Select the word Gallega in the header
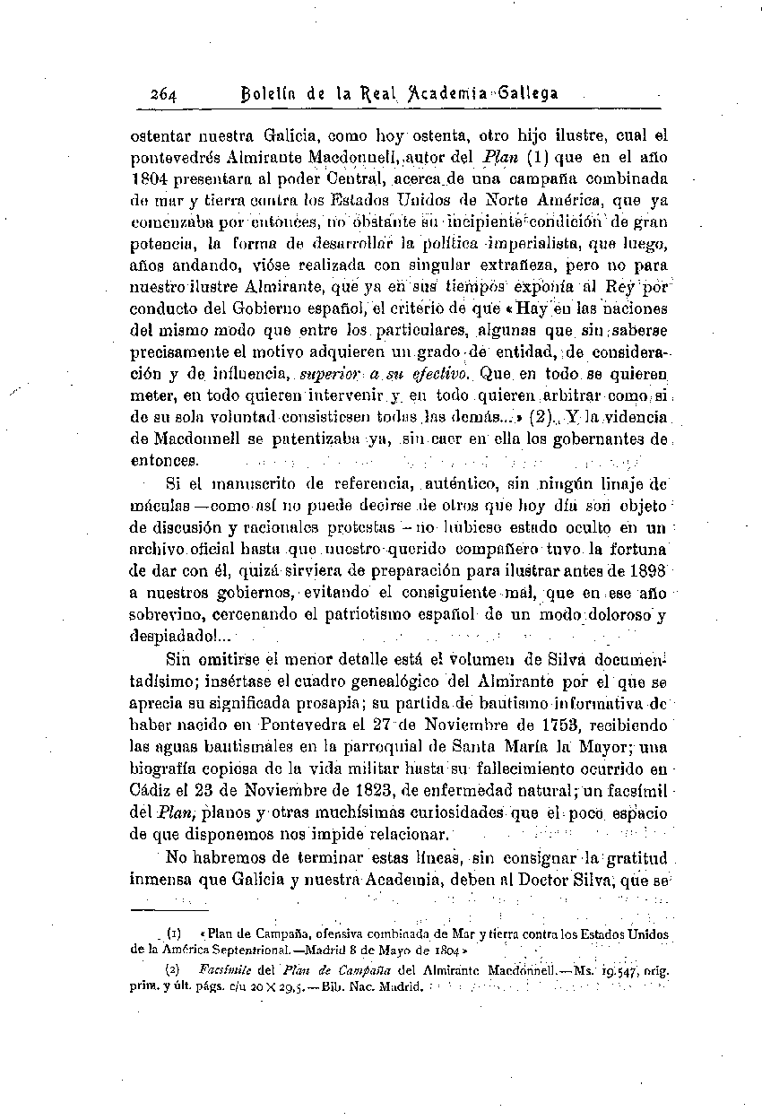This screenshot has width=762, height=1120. click(x=526, y=92)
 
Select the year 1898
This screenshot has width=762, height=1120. click(x=646, y=571)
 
